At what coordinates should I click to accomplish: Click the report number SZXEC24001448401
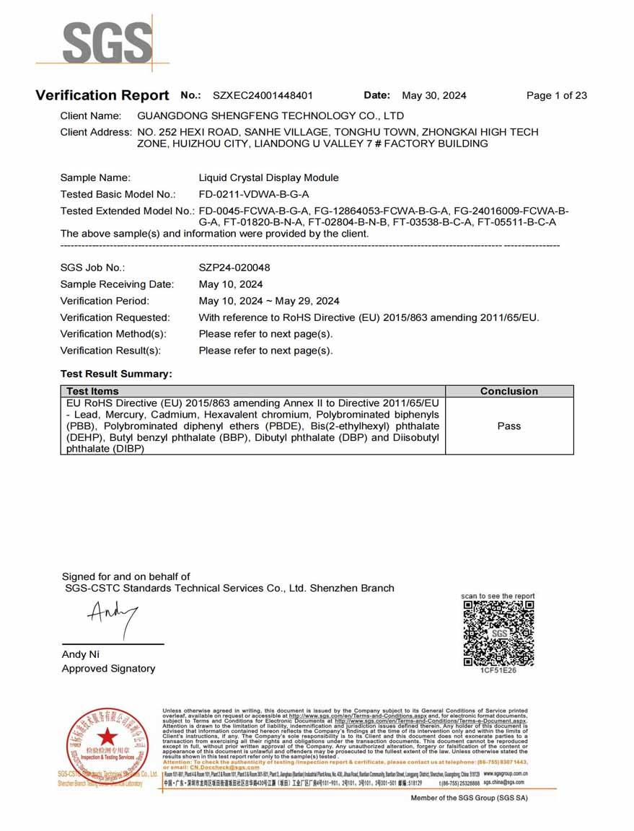[x=263, y=95]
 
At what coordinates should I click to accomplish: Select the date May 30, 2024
[x=433, y=95]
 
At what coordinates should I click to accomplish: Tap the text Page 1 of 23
[x=556, y=95]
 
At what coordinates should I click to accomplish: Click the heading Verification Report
[x=102, y=95]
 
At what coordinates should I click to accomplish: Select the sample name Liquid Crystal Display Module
[x=268, y=177]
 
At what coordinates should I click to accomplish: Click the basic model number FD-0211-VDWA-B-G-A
[x=254, y=194]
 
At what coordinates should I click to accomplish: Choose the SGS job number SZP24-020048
[x=234, y=268]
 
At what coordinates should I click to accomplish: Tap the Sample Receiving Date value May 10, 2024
[x=231, y=284]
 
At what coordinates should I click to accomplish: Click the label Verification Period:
[x=105, y=301]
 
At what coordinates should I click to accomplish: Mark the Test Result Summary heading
[x=117, y=374]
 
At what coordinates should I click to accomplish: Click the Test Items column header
[x=92, y=391]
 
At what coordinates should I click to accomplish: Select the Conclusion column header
[x=508, y=391]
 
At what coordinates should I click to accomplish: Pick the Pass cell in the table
[x=508, y=426]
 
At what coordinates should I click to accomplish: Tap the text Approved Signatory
[x=109, y=669]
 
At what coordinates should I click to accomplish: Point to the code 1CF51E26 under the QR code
[x=498, y=671]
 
